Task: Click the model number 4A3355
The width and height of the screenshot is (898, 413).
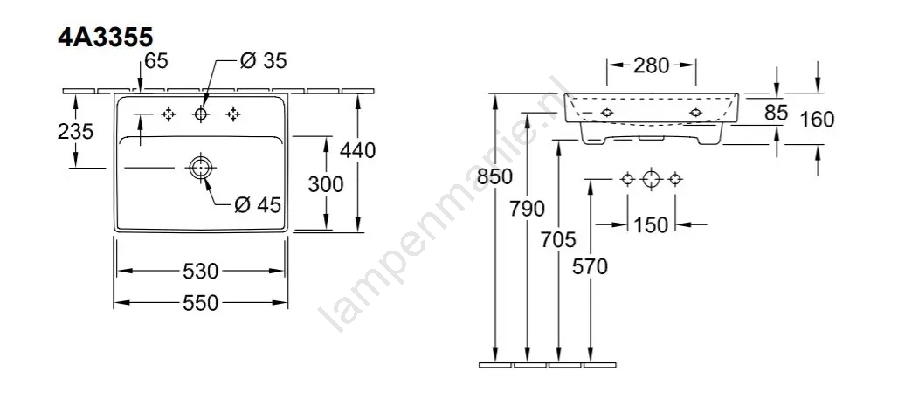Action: coord(106,38)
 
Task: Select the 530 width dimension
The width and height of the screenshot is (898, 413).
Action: coord(201,271)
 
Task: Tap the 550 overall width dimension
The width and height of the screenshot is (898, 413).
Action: coord(201,303)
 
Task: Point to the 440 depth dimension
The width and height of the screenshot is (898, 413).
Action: coord(358,150)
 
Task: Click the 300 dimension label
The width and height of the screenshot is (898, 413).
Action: coord(325,184)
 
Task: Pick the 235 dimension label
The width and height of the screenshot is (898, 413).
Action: coord(75,132)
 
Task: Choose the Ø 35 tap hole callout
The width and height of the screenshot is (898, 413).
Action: coord(263,61)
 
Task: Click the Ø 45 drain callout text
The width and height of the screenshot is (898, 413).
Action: coord(259,204)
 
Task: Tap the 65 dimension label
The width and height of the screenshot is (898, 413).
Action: coord(156,61)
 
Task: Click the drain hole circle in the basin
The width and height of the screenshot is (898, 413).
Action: coord(200,168)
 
